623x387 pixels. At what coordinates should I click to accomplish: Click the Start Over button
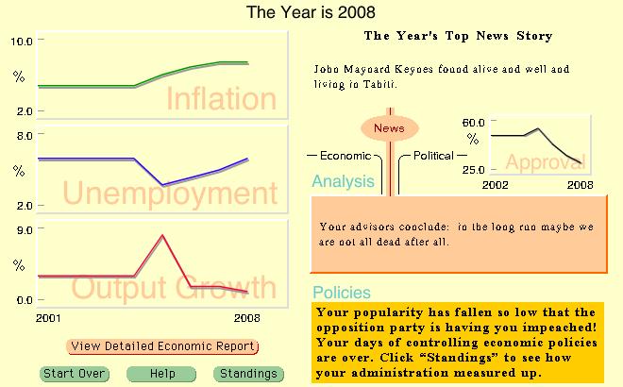tap(75, 374)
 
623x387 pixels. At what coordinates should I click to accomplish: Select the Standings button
tap(248, 374)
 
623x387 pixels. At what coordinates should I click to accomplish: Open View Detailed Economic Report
tap(162, 346)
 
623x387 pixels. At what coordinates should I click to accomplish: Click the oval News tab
tap(389, 128)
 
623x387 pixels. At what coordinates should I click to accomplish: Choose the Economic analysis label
tap(345, 156)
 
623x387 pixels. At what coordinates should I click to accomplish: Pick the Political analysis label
tap(433, 156)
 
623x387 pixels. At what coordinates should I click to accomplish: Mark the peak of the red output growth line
tap(162, 235)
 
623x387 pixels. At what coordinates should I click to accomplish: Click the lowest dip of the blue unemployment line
tap(163, 185)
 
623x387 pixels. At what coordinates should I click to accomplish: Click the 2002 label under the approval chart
tap(495, 185)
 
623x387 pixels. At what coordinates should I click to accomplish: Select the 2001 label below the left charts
tap(48, 318)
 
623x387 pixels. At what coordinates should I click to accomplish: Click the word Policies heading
tap(342, 293)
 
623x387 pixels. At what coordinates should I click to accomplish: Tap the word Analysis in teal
tap(344, 181)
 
